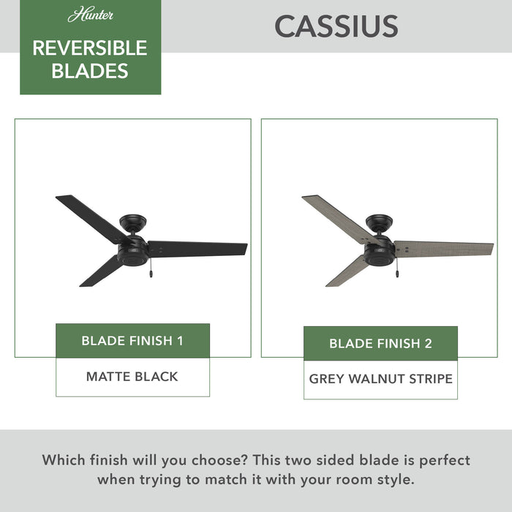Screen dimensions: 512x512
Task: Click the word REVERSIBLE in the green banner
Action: pyautogui.click(x=90, y=48)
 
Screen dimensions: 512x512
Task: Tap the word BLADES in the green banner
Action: pyautogui.click(x=90, y=71)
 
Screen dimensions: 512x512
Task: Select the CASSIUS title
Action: pyautogui.click(x=336, y=26)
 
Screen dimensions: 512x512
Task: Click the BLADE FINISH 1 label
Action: pyautogui.click(x=132, y=341)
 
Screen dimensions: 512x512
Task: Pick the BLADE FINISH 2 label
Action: pyautogui.click(x=380, y=344)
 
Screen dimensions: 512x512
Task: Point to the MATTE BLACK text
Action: pyautogui.click(x=132, y=377)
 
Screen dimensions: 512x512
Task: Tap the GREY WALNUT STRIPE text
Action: pyautogui.click(x=380, y=379)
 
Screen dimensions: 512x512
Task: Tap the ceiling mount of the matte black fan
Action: pyautogui.click(x=135, y=220)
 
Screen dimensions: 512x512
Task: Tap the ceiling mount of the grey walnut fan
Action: pyautogui.click(x=381, y=220)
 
